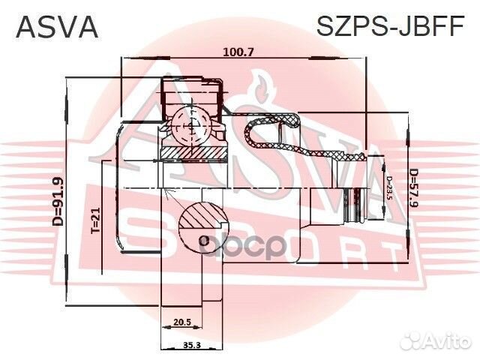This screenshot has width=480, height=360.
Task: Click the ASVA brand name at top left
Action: pyautogui.click(x=57, y=26)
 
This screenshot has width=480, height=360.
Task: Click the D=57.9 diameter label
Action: pyautogui.click(x=413, y=191)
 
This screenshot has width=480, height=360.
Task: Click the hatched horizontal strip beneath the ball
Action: pyautogui.click(x=193, y=153)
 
